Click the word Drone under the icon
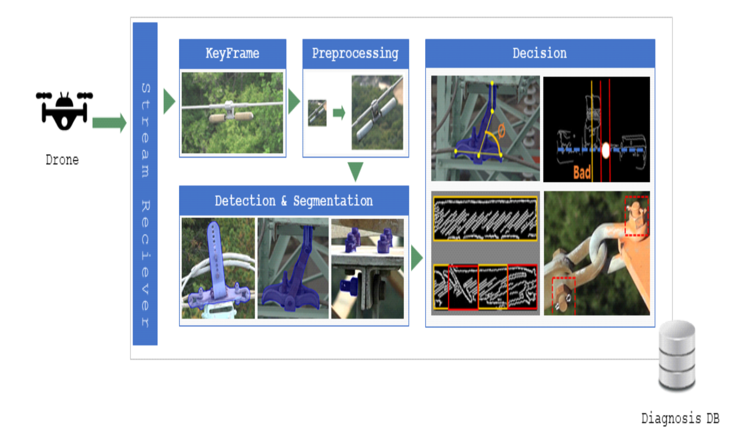pos(62,160)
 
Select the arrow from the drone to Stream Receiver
pos(109,123)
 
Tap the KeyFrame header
pos(232,54)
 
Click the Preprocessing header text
pos(355,54)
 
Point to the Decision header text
pos(539,53)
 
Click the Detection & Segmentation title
pos(294,201)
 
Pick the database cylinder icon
pos(677,355)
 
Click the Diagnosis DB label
pos(680,418)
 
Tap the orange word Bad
pos(582,173)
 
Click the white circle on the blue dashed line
pos(606,150)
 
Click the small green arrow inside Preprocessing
pos(339,113)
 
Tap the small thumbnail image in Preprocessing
pos(317,113)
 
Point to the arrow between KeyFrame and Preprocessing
pos(294,101)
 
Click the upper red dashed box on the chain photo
pos(636,216)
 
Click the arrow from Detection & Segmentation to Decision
pos(417,258)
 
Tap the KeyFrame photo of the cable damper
pos(232,113)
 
